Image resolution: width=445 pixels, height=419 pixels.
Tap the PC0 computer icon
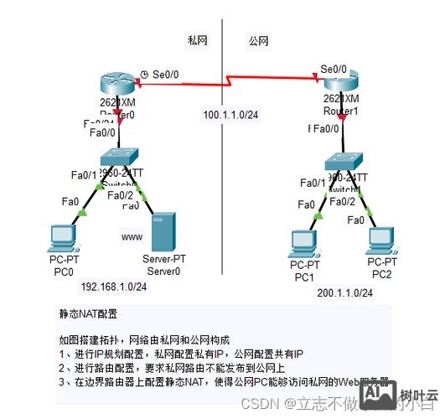(63, 236)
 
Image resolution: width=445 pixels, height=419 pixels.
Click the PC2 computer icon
(380, 241)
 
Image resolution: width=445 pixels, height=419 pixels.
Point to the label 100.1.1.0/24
(230, 114)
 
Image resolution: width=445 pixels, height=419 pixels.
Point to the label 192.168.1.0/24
(113, 287)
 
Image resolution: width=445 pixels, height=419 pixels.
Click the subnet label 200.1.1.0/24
(345, 292)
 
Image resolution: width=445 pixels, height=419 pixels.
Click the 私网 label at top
(198, 39)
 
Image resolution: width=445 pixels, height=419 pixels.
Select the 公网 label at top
(258, 39)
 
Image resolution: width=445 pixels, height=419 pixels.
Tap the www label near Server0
(132, 238)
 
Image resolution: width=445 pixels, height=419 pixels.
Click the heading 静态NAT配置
(88, 313)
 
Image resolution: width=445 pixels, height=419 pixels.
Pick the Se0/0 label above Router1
(334, 69)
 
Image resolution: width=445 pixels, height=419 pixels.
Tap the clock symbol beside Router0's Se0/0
(146, 74)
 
